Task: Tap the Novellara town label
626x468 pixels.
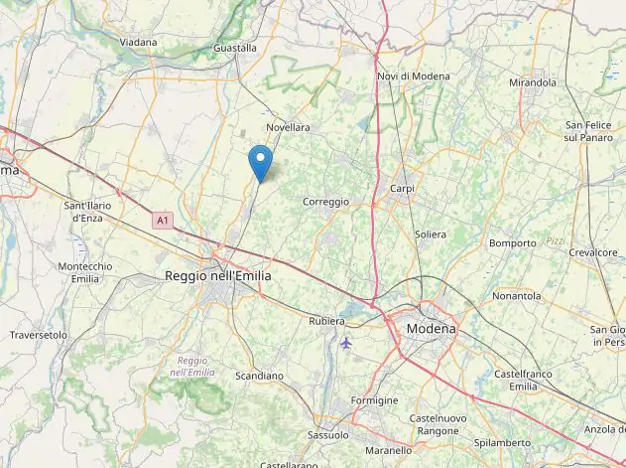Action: click(288, 128)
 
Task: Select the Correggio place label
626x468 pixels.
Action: click(325, 202)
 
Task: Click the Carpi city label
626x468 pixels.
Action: click(402, 189)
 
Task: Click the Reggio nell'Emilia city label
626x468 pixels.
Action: click(217, 276)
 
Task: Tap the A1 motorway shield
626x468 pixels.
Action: click(162, 220)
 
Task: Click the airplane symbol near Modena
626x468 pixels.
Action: click(345, 343)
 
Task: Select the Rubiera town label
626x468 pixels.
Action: click(326, 321)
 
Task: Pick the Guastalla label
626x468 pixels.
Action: click(235, 48)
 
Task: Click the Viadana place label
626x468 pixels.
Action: click(139, 43)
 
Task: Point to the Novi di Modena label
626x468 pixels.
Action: click(413, 77)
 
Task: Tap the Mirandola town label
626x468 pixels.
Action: click(532, 82)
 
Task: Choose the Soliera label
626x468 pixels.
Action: click(431, 234)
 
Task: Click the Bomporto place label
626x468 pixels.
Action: click(512, 243)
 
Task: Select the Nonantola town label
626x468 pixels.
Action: click(516, 296)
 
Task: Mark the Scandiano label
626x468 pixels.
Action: click(259, 377)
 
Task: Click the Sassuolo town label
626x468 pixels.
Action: click(328, 435)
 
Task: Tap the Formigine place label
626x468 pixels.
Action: click(374, 400)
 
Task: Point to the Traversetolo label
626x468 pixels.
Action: click(39, 336)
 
